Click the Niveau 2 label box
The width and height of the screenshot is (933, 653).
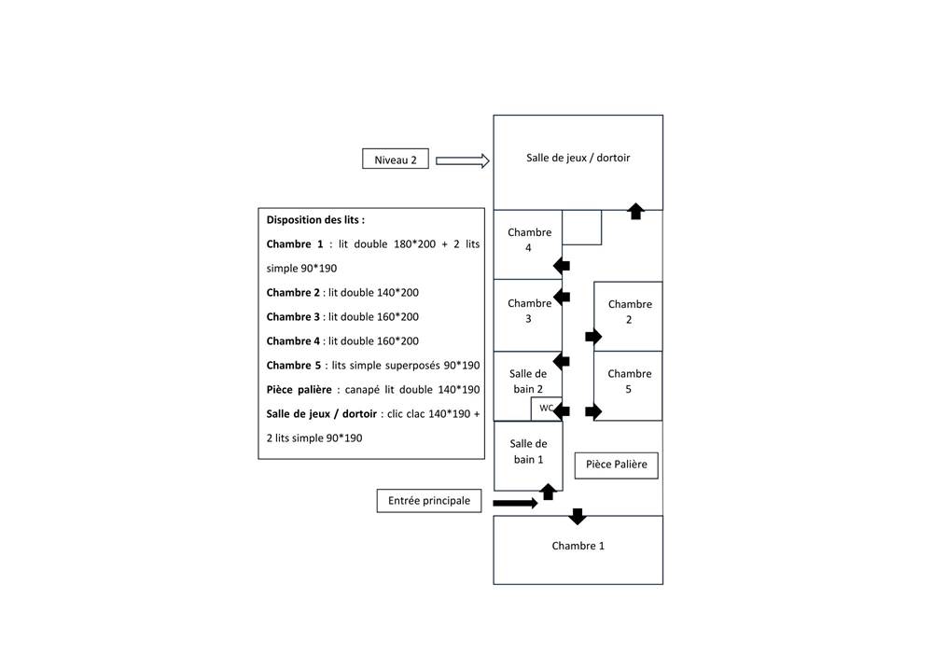click(x=395, y=160)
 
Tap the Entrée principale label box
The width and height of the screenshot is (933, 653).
click(x=429, y=501)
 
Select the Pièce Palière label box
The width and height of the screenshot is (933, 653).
click(x=616, y=465)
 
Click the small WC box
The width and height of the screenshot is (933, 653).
click(x=546, y=408)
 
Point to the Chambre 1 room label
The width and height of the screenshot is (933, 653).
click(x=578, y=546)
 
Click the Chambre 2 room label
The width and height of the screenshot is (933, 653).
click(x=630, y=312)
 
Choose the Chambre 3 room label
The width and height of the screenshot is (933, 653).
click(x=529, y=311)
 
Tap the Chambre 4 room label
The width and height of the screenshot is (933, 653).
click(x=529, y=240)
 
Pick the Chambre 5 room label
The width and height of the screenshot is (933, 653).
click(x=630, y=382)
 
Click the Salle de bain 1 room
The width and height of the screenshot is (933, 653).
click(x=528, y=452)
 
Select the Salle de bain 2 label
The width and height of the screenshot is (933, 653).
click(x=527, y=381)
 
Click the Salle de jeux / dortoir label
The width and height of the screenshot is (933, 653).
click(x=578, y=158)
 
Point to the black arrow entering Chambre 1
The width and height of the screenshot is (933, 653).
click(x=578, y=516)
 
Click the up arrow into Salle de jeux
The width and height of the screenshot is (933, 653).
click(x=636, y=211)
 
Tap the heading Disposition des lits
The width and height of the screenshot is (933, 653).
click(x=315, y=220)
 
